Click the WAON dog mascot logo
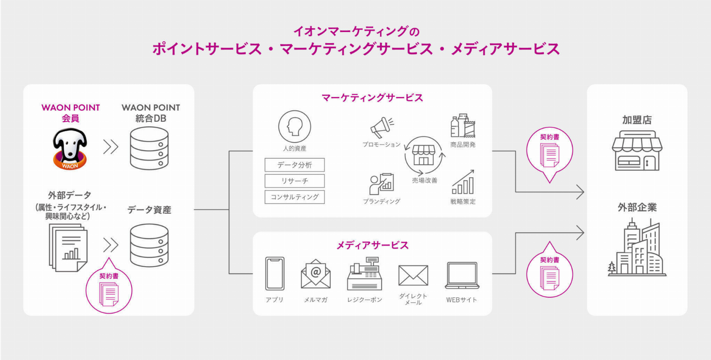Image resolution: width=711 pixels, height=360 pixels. click(70, 149)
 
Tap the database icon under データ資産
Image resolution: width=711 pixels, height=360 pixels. click(149, 245)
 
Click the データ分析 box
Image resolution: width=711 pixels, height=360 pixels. click(295, 165)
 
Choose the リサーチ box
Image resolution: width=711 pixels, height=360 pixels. click(295, 181)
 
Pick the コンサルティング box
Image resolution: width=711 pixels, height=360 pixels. click(295, 197)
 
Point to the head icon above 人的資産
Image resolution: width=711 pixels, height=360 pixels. click(295, 127)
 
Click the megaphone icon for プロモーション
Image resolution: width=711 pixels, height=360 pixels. click(382, 128)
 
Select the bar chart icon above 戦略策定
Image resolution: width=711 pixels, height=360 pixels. click(463, 182)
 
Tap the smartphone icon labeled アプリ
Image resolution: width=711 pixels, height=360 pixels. click(275, 273)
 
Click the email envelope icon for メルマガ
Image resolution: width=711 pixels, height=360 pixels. click(316, 274)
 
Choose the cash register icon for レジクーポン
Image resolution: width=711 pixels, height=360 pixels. click(364, 274)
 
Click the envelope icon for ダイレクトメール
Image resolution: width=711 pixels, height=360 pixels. click(413, 276)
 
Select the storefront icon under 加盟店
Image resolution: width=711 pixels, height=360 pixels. click(637, 151)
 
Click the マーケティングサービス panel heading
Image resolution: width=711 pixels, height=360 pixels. click(372, 98)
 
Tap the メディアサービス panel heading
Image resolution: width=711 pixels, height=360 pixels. click(372, 245)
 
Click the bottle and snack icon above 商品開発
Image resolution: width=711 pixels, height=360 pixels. click(463, 126)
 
